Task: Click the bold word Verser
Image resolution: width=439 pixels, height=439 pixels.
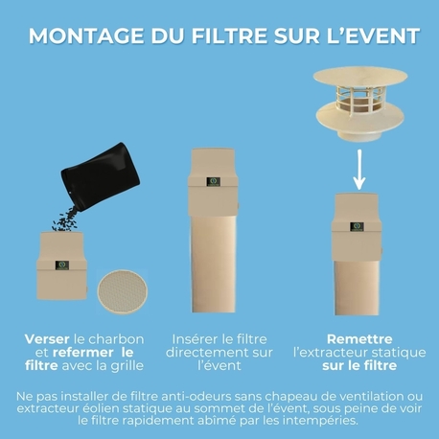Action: [x=48, y=338]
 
